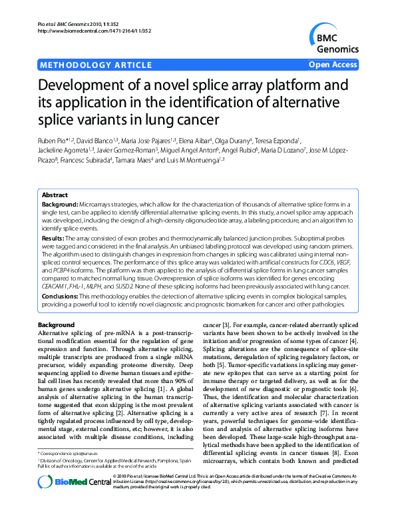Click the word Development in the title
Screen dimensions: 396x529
89,87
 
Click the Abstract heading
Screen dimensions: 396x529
55,195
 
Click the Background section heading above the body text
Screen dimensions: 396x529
57,324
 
